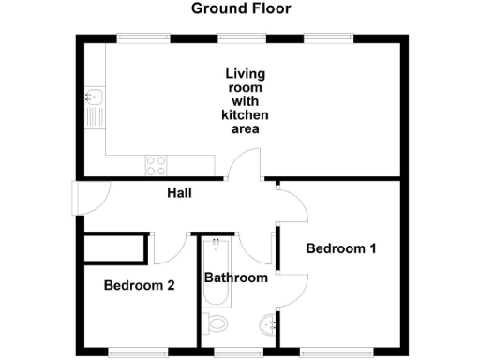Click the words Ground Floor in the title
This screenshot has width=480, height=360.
(x=241, y=9)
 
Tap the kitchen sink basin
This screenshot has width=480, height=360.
(x=95, y=96)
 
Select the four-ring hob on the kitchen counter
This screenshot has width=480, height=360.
(x=156, y=165)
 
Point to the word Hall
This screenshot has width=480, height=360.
(x=180, y=193)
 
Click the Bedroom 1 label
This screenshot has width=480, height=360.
(x=341, y=249)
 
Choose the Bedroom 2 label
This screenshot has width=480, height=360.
(x=139, y=285)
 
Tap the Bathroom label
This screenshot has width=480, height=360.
(x=236, y=277)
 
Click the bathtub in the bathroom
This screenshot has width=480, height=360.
(x=214, y=272)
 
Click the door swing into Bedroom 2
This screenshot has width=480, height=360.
(x=168, y=248)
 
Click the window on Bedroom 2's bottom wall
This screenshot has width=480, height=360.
(x=131, y=352)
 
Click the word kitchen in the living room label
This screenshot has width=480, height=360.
(x=244, y=114)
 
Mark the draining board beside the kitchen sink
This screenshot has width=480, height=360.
(x=95, y=118)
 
